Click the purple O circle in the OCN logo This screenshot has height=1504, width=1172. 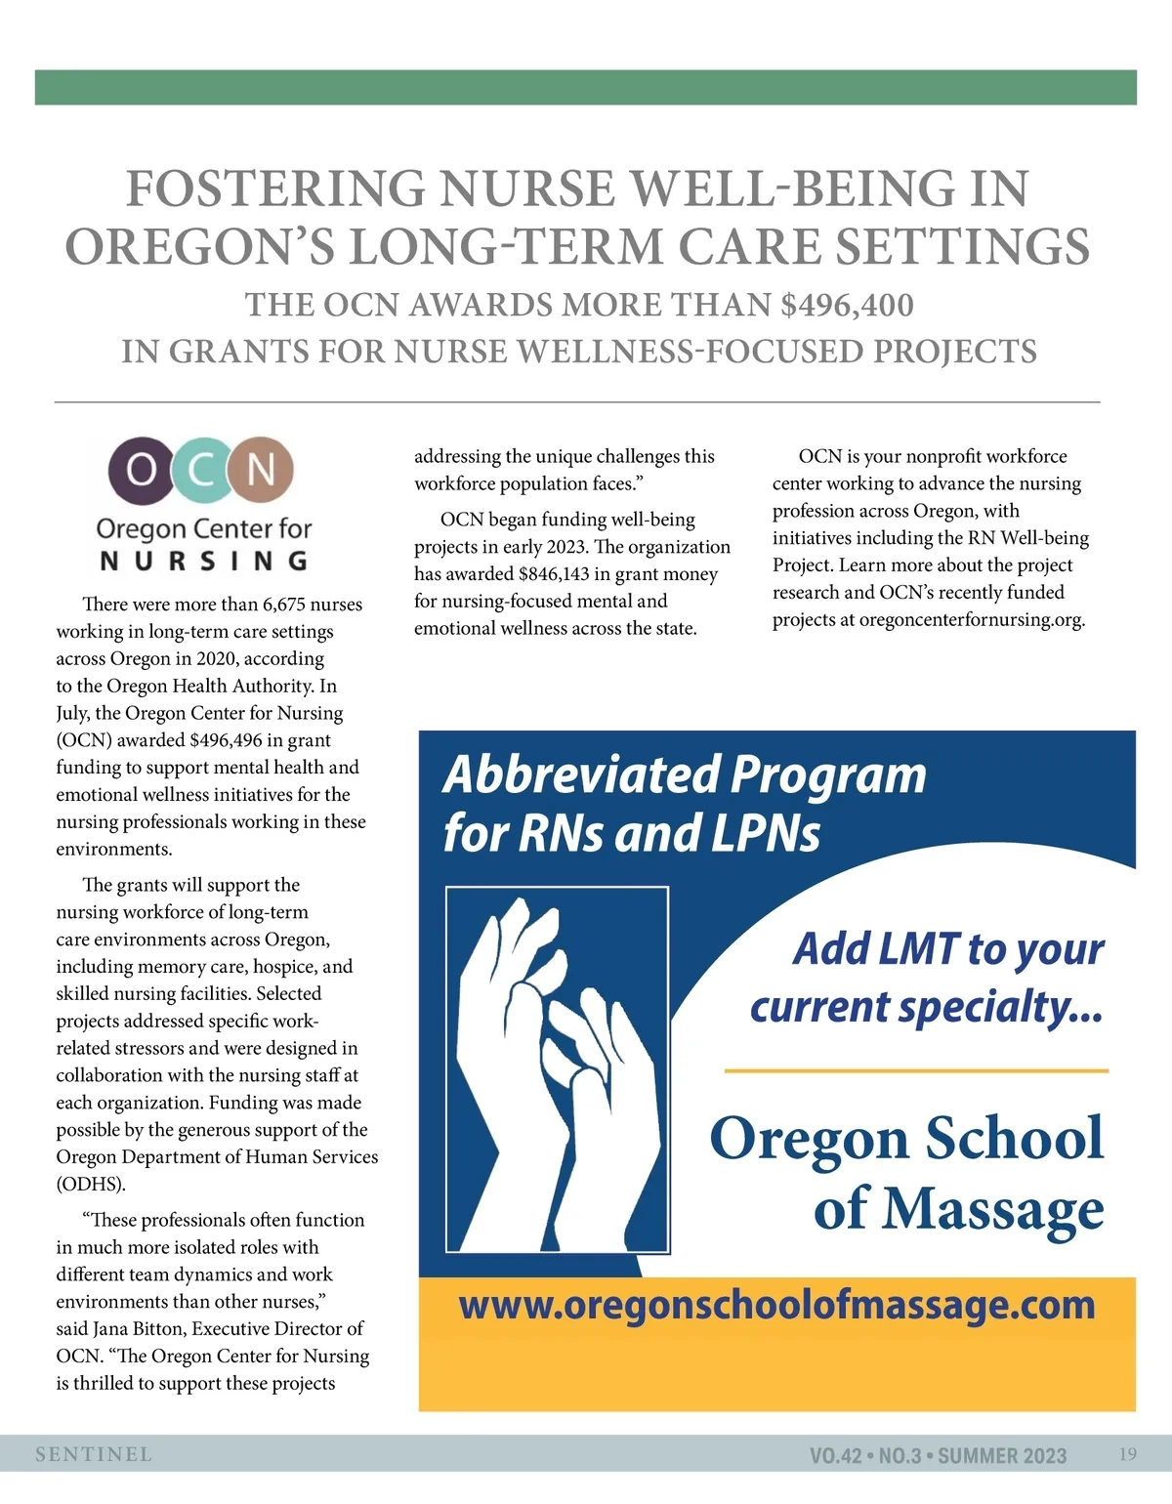[x=141, y=470]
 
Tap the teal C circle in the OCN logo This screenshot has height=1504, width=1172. [x=201, y=470]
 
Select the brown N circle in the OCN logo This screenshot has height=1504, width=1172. [x=261, y=470]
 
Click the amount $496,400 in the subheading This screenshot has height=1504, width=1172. [x=847, y=305]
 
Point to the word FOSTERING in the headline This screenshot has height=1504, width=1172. [x=275, y=188]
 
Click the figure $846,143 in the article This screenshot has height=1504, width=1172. [x=554, y=574]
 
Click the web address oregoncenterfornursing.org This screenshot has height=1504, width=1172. [x=972, y=620]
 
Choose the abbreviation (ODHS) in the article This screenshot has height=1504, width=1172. [x=91, y=1185]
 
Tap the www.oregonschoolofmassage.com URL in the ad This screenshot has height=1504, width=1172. [x=776, y=1305]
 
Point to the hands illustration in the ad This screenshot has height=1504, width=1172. [x=557, y=1069]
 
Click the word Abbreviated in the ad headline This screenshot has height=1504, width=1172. [x=581, y=774]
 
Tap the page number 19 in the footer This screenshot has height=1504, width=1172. [x=1127, y=1454]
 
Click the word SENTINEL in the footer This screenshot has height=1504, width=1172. [x=94, y=1454]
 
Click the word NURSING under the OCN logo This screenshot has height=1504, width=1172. [x=204, y=561]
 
